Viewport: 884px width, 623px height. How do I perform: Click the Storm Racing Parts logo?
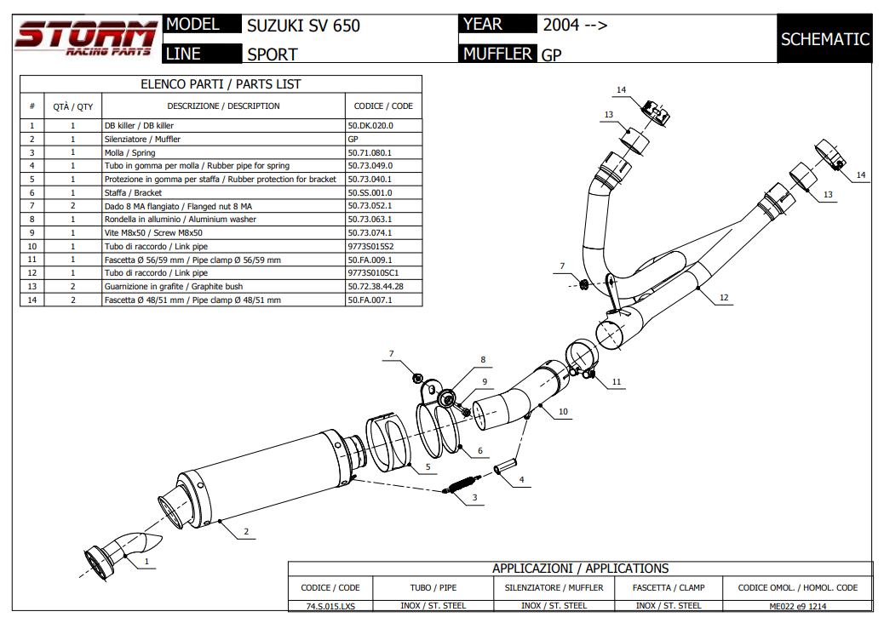tap(85, 39)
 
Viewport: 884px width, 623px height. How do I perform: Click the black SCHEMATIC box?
tap(824, 39)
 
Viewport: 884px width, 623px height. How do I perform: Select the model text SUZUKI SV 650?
tap(303, 26)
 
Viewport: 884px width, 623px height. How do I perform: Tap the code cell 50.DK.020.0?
tap(370, 125)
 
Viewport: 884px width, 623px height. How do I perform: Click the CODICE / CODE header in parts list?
tap(383, 106)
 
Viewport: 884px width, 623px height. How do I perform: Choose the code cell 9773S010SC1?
tap(373, 273)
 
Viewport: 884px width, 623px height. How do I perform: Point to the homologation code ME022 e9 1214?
tap(797, 606)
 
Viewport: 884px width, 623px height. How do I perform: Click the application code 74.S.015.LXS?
tap(330, 606)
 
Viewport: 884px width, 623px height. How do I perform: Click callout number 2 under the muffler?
tap(246, 533)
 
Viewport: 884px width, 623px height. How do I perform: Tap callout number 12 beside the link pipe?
tap(724, 298)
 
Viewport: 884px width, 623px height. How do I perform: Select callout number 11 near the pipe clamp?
tap(616, 382)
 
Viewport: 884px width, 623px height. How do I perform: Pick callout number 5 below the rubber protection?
tap(428, 466)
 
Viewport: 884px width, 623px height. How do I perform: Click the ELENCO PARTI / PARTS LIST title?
tap(221, 84)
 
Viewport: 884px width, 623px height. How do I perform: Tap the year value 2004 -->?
tap(575, 25)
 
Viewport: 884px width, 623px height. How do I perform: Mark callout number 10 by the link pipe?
tap(563, 412)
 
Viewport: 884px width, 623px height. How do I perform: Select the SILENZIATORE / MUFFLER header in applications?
tap(554, 587)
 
